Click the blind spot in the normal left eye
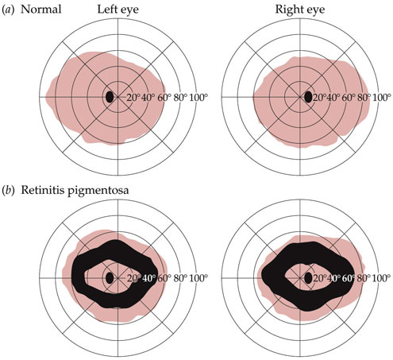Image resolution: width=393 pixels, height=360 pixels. click(110, 97)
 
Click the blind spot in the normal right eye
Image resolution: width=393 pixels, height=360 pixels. click(308, 97)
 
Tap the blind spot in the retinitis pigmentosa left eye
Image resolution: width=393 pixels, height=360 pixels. click(110, 278)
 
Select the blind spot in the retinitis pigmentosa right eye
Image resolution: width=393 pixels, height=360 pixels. click(308, 278)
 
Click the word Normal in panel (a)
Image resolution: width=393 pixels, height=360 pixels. click(41, 10)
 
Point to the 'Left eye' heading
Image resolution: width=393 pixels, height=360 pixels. click(118, 10)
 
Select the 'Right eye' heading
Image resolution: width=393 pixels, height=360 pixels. click(300, 10)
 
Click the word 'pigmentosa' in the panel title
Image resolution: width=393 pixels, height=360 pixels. click(98, 191)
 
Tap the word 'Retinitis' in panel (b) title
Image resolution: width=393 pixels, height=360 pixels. click(43, 190)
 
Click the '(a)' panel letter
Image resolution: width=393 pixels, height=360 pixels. click(8, 10)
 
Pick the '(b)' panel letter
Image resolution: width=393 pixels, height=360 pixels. click(8, 191)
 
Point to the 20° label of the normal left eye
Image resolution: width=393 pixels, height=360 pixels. click(133, 98)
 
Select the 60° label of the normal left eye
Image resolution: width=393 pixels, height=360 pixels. click(164, 98)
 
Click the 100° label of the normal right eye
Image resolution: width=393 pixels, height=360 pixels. click(382, 98)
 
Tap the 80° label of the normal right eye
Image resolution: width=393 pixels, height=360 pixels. click(364, 98)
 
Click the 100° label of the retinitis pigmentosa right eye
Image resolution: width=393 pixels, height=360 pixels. click(382, 278)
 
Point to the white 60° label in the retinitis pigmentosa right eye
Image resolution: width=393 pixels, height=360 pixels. click(349, 278)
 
